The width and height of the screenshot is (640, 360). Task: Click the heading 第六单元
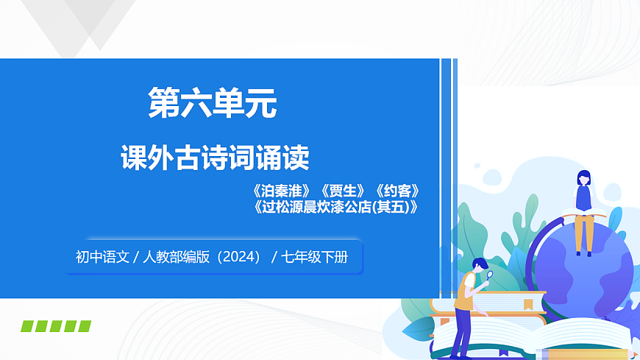click(x=213, y=104)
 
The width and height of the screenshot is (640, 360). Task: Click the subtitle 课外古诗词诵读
click(x=215, y=158)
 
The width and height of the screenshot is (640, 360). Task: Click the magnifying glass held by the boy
click(x=488, y=277)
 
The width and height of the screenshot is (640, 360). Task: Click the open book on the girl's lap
click(x=584, y=214)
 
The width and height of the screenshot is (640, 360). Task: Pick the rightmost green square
click(x=85, y=326)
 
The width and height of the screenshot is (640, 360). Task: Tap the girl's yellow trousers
click(x=583, y=232)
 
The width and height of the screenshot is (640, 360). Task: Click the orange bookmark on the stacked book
click(x=527, y=303)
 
